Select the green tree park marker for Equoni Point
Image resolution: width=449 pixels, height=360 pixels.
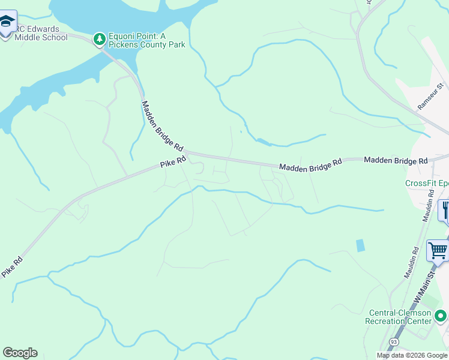click(x=99, y=39)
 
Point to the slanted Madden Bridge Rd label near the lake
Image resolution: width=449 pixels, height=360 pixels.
click(x=162, y=126)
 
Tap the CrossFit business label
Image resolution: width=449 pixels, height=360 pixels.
click(x=427, y=183)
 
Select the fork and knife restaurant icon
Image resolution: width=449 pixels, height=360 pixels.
click(x=445, y=210)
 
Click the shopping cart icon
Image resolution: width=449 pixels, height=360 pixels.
click(x=438, y=250)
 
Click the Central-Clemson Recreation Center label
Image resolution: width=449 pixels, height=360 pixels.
click(x=399, y=317)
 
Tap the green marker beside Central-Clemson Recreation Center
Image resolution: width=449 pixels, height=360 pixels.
click(x=441, y=315)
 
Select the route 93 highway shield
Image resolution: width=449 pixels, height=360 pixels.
click(x=393, y=341)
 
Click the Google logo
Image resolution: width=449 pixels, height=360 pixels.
click(x=20, y=353)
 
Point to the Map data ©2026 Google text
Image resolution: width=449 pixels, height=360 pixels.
click(x=412, y=355)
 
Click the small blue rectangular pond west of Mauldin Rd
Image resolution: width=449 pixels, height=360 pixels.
click(x=360, y=245)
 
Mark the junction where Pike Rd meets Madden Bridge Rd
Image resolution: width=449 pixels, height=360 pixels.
click(x=187, y=154)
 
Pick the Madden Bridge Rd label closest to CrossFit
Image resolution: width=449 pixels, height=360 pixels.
click(x=396, y=161)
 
